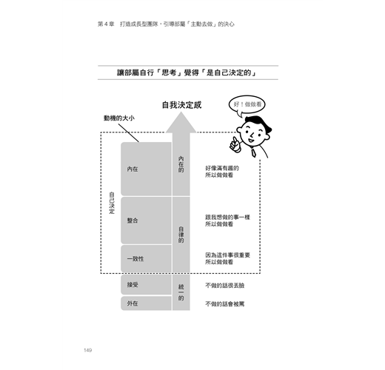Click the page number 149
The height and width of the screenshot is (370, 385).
[88, 350]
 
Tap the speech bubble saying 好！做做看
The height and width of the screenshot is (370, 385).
[247, 105]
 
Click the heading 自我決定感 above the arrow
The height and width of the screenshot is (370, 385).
[181, 105]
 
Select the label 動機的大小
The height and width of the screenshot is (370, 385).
[119, 118]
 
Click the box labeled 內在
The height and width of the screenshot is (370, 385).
[146, 169]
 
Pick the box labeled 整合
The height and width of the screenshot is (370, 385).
[146, 221]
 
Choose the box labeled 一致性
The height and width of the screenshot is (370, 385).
[146, 259]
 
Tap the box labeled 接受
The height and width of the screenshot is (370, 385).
[146, 285]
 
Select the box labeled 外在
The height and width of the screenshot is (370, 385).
[146, 303]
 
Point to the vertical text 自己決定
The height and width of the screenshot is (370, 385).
[112, 203]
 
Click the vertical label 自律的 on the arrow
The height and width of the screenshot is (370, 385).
[181, 235]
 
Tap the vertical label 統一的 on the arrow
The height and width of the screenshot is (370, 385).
[181, 292]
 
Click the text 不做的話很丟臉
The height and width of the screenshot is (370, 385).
[225, 286]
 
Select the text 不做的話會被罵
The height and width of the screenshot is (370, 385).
[225, 304]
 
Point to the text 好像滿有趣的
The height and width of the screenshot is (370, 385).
[222, 168]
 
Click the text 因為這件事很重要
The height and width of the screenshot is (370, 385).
[227, 255]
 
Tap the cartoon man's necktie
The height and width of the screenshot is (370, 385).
[253, 152]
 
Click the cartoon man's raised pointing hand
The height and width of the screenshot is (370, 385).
[235, 144]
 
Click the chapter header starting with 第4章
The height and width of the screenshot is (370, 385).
[166, 24]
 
